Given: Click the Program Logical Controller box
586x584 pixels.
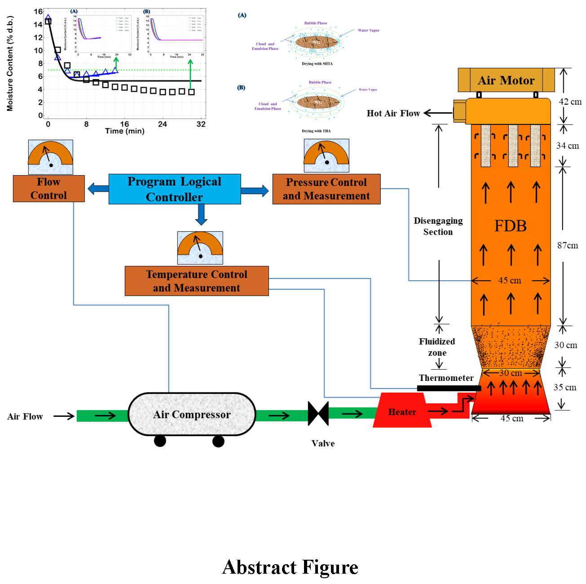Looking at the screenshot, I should click(175, 189).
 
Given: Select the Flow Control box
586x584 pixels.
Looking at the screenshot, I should click(49, 189).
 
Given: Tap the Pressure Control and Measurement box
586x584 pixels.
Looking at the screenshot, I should click(326, 189).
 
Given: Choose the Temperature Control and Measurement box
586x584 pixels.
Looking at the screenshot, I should click(197, 281).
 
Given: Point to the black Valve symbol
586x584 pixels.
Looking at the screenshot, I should click(318, 413).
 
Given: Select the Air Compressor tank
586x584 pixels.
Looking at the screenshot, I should click(192, 414).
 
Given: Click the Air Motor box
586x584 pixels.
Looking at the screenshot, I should click(506, 80).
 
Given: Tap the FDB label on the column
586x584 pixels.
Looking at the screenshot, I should click(511, 226).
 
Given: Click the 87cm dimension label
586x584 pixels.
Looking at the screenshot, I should click(568, 245).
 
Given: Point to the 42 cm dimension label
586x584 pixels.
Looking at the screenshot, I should click(570, 102).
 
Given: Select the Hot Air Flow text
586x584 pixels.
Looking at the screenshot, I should click(393, 113).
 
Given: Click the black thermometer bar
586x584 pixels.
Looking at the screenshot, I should click(449, 388).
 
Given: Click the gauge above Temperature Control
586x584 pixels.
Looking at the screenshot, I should click(200, 248).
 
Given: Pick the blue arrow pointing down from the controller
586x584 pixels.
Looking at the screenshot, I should click(201, 214).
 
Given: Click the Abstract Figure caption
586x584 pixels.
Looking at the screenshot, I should click(290, 567).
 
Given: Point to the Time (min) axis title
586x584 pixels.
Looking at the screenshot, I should click(124, 131).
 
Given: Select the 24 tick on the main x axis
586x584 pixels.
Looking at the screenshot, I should click(163, 124).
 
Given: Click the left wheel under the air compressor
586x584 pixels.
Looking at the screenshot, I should click(160, 441).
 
